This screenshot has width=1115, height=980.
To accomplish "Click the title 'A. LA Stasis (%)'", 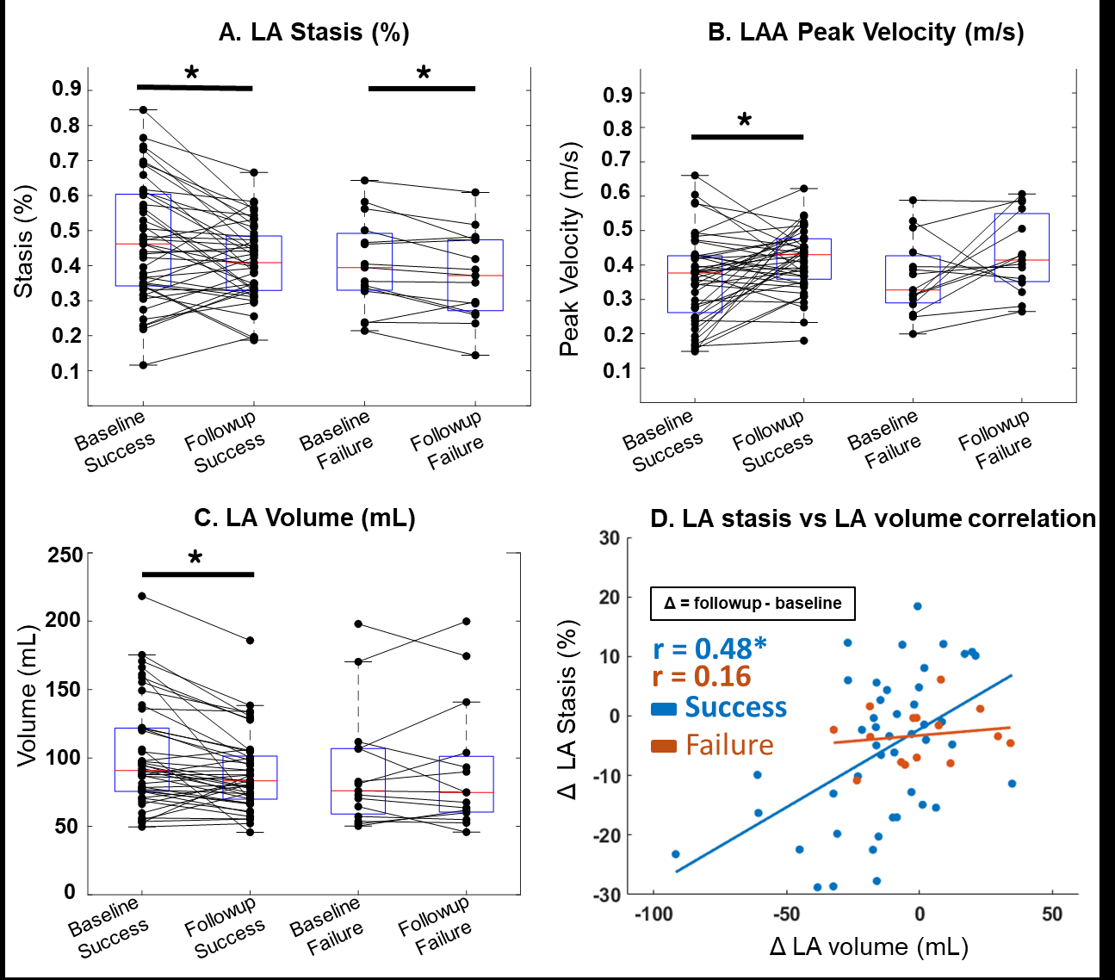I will point(313,33).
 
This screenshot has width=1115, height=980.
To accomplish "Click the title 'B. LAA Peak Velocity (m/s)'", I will point(865,33).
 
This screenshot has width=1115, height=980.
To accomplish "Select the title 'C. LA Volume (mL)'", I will point(305,518).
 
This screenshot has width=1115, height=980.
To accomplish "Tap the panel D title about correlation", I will point(872,518).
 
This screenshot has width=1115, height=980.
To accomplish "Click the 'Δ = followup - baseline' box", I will point(753,603).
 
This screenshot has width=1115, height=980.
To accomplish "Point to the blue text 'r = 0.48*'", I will point(709,648).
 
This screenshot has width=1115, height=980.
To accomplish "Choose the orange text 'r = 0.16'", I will point(701,677).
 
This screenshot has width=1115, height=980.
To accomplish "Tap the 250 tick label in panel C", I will point(65,555).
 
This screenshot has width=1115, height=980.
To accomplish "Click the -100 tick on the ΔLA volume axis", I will point(652,914).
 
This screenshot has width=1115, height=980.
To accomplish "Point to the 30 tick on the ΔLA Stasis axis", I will point(609,538).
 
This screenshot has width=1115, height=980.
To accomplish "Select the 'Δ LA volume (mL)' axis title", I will point(869,947).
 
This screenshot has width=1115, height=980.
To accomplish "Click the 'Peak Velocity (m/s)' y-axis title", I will point(569,249).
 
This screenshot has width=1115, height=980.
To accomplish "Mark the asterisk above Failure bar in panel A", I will point(424,74).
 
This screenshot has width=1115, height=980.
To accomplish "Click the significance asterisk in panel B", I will point(745,121).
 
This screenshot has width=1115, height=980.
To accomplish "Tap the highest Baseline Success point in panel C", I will point(142,596).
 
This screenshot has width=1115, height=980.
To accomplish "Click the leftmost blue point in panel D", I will point(675,854).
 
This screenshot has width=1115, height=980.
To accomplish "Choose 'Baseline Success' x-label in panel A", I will point(115,441).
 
